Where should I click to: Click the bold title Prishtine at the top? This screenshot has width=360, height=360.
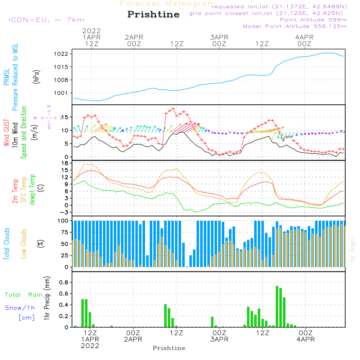153,14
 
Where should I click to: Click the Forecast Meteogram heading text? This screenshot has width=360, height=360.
168,4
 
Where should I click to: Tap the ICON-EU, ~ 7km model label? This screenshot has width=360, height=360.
46,20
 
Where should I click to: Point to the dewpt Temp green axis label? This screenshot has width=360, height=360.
32,190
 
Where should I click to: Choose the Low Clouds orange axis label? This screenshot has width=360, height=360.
24,243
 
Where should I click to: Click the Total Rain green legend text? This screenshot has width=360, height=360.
23,295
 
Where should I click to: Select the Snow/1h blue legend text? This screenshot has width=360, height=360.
20,308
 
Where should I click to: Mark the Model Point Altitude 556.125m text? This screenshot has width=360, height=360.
295,26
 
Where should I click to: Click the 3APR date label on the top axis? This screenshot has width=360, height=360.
219,37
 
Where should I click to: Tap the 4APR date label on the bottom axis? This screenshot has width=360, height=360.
306,339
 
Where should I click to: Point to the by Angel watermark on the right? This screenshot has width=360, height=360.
352,249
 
